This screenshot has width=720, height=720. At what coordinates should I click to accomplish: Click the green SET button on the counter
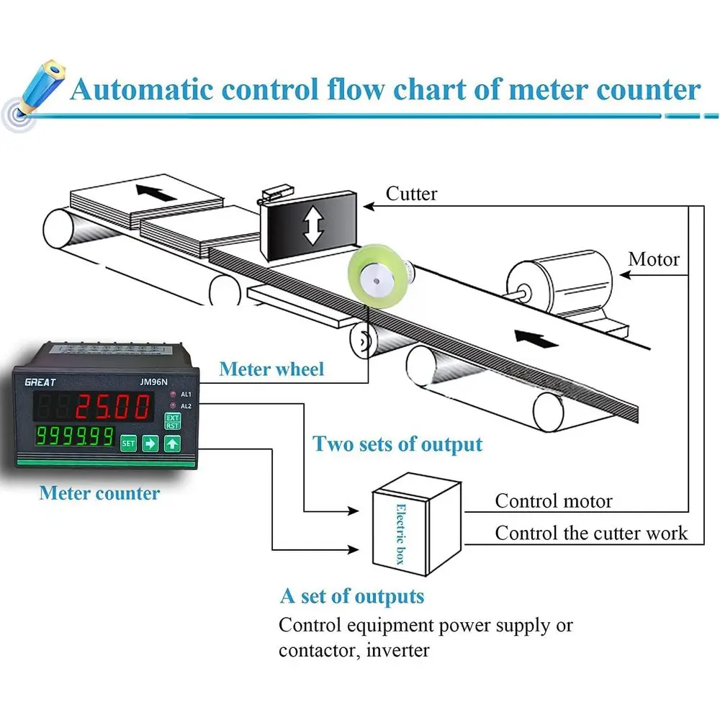pyautogui.click(x=128, y=444)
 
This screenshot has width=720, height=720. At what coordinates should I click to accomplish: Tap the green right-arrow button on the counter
pyautogui.click(x=150, y=444)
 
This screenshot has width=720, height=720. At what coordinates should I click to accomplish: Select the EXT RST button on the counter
pyautogui.click(x=172, y=421)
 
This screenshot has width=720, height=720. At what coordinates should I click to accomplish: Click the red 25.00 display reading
pyautogui.click(x=113, y=408)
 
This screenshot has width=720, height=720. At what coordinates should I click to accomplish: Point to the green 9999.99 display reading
pyautogui.click(x=75, y=436)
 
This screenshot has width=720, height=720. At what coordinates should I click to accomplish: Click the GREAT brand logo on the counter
pyautogui.click(x=40, y=382)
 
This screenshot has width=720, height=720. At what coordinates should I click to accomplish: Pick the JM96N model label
pyautogui.click(x=153, y=382)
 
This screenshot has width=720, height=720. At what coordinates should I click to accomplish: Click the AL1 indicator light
pyautogui.click(x=173, y=394)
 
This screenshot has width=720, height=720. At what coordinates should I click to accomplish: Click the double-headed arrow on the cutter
pyautogui.click(x=314, y=225)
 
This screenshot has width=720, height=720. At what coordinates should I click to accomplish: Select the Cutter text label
pyautogui.click(x=411, y=194)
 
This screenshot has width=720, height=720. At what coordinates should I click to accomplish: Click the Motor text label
pyautogui.click(x=654, y=259)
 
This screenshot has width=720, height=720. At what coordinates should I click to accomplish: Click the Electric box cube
pyautogui.click(x=416, y=524)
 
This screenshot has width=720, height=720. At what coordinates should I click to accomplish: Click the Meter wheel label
pyautogui.click(x=271, y=369)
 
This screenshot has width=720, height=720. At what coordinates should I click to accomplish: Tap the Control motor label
pyautogui.click(x=553, y=501)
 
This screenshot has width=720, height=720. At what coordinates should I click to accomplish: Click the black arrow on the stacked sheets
pyautogui.click(x=156, y=192)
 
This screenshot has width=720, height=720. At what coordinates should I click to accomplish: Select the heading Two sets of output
pyautogui.click(x=397, y=444)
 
